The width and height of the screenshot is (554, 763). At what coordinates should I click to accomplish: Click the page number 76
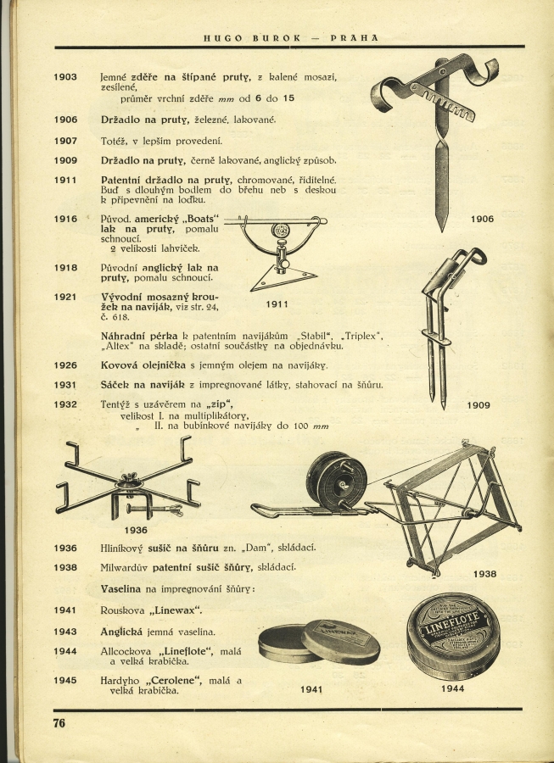click(59, 723)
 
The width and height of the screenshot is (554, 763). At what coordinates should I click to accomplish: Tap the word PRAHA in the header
click(355, 37)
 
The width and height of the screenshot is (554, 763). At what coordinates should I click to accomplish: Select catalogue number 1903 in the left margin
click(65, 77)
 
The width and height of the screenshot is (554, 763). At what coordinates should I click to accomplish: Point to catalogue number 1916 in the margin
click(65, 219)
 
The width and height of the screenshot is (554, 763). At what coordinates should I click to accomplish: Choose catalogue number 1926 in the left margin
click(65, 365)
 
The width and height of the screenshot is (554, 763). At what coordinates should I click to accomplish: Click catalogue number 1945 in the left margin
click(65, 680)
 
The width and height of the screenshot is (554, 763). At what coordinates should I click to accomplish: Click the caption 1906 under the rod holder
click(482, 220)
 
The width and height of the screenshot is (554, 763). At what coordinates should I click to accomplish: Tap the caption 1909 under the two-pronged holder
click(478, 405)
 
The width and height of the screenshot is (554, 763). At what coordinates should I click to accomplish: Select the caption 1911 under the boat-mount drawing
click(277, 304)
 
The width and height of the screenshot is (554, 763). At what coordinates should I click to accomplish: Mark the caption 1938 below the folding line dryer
click(484, 574)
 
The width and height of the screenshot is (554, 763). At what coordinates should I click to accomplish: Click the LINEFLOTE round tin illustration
click(453, 637)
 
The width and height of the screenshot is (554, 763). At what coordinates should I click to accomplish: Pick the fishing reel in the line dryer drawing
click(337, 481)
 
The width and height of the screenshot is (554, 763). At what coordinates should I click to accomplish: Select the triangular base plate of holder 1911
click(283, 277)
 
